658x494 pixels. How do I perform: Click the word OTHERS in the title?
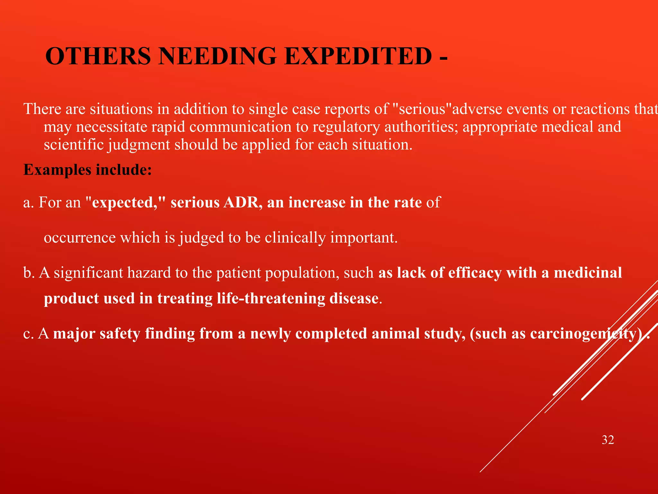click(98, 56)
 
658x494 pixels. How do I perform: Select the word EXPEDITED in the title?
click(358, 56)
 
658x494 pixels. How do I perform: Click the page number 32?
click(608, 440)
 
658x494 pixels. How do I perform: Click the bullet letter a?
click(28, 203)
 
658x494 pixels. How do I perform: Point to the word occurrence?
click(80, 238)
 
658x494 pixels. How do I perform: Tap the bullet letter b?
click(29, 273)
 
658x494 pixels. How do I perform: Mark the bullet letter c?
click(28, 334)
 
